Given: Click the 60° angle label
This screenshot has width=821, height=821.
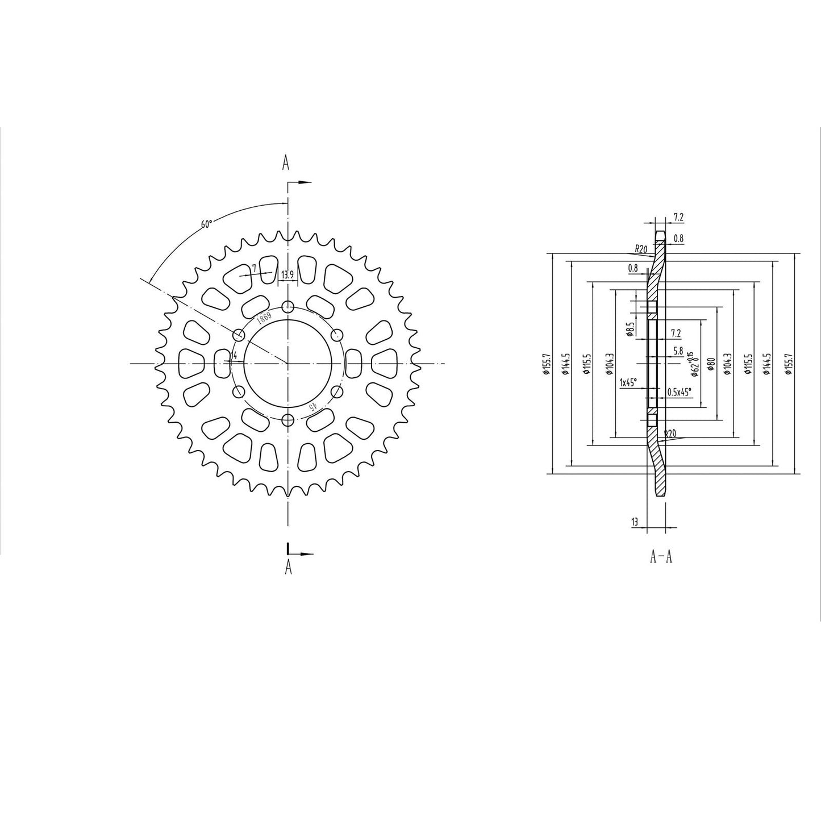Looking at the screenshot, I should [x=206, y=224].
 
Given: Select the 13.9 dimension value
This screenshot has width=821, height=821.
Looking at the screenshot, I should [x=288, y=275].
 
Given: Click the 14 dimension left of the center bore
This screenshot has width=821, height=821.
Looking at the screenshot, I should [x=233, y=356].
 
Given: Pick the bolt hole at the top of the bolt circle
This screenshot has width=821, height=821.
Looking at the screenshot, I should [x=289, y=307].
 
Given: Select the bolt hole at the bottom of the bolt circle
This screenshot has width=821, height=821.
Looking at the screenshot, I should [x=289, y=420].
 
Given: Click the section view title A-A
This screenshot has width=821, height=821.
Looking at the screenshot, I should [x=661, y=557].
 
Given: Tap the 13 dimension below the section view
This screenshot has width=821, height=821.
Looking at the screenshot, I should [x=634, y=521].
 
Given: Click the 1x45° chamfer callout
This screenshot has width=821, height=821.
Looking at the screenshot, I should [x=628, y=382].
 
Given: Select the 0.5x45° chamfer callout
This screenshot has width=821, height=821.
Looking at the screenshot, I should [x=679, y=391].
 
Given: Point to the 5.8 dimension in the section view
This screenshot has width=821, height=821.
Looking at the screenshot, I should [x=678, y=351].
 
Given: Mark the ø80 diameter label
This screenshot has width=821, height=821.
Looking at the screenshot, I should [x=710, y=364].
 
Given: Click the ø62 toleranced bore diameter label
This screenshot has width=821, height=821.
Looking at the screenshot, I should [x=693, y=364].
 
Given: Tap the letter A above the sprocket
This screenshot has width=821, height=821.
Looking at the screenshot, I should [x=286, y=163].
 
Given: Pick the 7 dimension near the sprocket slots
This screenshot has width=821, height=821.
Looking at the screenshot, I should [x=255, y=268].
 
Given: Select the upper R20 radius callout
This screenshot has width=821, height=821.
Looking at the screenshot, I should [x=641, y=248].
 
